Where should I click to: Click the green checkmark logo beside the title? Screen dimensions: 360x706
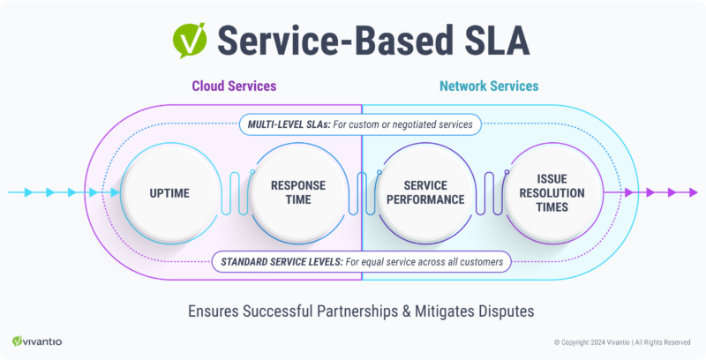[189, 40]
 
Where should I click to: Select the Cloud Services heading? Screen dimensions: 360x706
[234, 86]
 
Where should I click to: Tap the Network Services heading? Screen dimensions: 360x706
[489, 86]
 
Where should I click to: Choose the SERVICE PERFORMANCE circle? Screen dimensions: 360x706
[421, 191]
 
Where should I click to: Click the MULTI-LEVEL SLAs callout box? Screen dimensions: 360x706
[359, 124]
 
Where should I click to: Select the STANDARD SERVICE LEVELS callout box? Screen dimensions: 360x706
[362, 260]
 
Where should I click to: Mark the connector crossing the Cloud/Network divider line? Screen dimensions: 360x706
[360, 191]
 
